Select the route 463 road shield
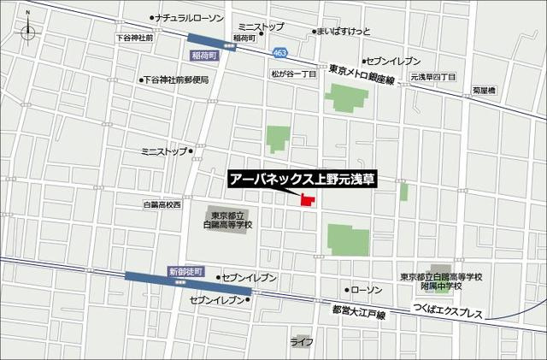coord(280,53)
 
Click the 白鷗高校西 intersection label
coord(162,205)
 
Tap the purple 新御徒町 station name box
coord(187,271)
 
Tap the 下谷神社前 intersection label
coord(134,38)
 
